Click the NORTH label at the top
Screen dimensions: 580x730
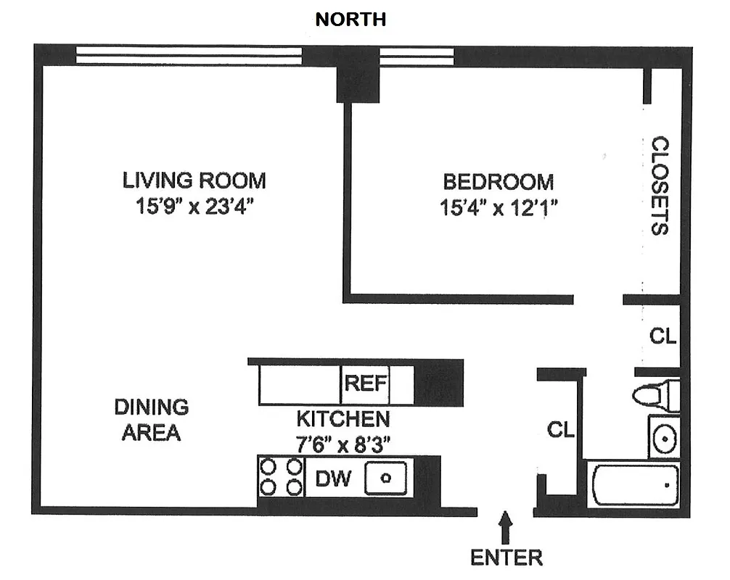[350, 20]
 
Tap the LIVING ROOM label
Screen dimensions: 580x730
[194, 180]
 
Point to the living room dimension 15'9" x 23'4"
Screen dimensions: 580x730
[194, 207]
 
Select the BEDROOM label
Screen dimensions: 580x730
[499, 181]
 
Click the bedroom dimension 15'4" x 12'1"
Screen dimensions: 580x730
[499, 209]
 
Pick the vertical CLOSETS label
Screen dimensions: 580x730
[659, 186]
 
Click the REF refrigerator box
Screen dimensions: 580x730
[365, 384]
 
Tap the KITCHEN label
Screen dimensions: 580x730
[343, 418]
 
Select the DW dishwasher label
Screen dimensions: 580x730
[334, 478]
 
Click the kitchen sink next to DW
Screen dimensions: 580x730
[386, 478]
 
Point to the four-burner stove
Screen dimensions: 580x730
[282, 476]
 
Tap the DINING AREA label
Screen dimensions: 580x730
[151, 420]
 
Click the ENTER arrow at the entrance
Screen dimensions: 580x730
[506, 528]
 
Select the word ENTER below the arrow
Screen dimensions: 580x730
[507, 558]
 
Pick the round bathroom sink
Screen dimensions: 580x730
[664, 437]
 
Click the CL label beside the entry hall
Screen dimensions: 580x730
[561, 430]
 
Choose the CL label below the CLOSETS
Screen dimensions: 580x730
[663, 336]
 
